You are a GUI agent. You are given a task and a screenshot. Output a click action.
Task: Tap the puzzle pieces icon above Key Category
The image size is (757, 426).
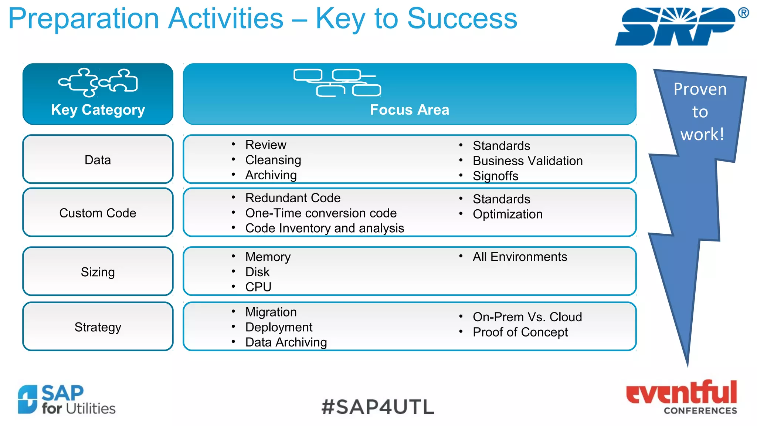[98, 82]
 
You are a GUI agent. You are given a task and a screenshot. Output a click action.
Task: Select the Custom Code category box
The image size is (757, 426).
[98, 213]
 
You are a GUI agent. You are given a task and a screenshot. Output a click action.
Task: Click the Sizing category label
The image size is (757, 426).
[98, 272]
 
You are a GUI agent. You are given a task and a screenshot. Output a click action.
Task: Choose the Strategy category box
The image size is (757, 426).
[98, 327]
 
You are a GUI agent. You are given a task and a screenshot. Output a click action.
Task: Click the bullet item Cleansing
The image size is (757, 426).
[273, 160]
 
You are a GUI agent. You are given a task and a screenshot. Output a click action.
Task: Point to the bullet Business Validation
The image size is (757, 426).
[527, 161]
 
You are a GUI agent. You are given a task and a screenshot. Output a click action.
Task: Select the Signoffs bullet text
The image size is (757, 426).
[495, 176]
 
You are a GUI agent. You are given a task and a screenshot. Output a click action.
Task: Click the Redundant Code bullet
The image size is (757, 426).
[293, 198]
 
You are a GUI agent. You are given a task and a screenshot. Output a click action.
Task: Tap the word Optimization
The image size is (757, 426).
[508, 214]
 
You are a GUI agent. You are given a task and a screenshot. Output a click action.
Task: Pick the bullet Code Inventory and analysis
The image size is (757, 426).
[325, 228]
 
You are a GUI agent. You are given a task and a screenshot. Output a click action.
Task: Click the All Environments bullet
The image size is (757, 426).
[520, 257]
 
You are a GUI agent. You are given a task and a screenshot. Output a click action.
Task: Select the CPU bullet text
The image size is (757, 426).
[258, 287]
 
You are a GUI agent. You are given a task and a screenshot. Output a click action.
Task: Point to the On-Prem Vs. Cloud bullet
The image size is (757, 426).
[527, 317]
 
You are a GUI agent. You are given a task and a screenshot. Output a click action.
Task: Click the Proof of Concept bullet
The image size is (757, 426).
[520, 332]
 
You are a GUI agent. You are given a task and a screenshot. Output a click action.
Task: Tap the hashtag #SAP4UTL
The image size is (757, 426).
[378, 407]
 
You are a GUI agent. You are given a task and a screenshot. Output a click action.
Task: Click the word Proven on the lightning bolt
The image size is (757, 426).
[700, 89]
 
